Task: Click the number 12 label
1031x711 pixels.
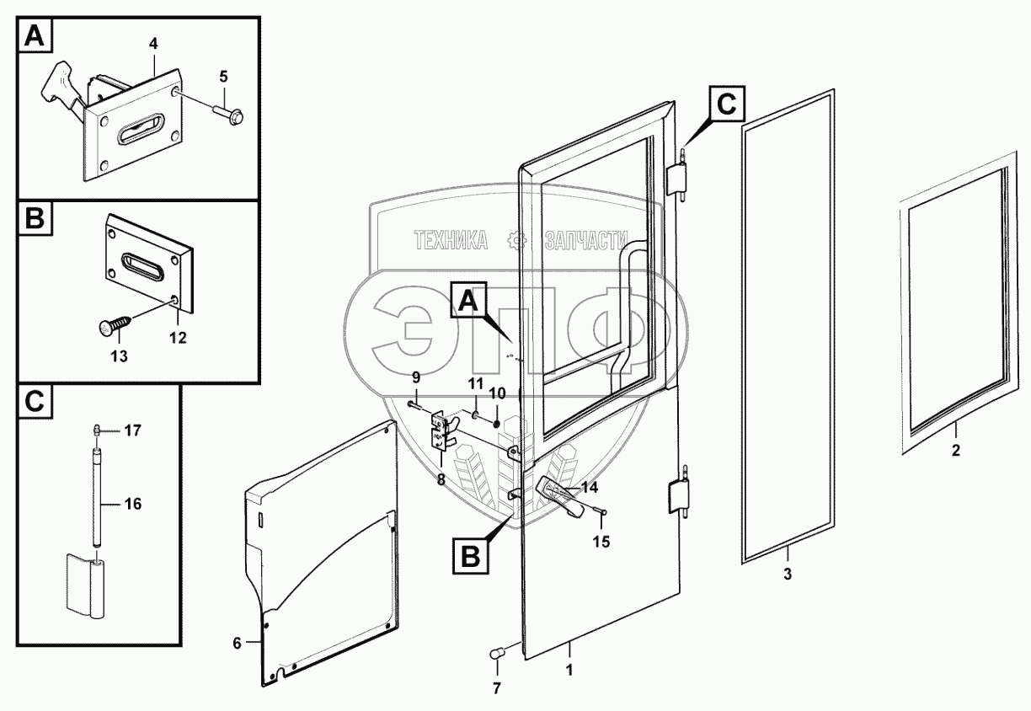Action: point(177,337)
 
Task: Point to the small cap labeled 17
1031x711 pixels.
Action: point(99,430)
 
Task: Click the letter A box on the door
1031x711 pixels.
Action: point(471,301)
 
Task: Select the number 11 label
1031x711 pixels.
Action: point(474,384)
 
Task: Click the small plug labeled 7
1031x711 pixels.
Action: point(496,653)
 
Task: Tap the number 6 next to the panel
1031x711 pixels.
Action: point(237,643)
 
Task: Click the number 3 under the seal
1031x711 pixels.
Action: point(788,575)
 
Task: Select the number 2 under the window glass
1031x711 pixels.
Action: point(955,451)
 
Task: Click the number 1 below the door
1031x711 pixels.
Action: point(569,672)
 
